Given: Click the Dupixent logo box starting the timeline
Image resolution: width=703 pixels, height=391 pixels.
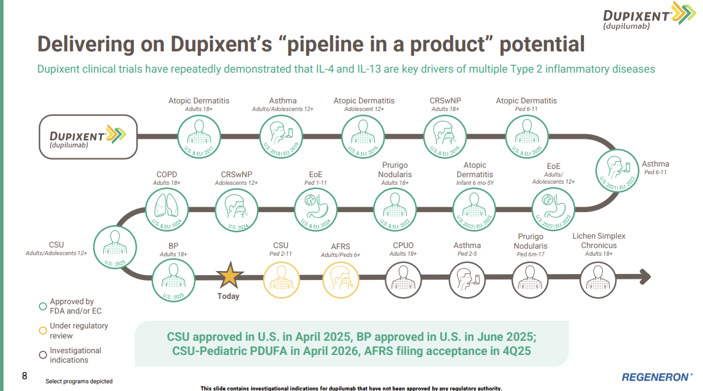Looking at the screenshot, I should (88, 136).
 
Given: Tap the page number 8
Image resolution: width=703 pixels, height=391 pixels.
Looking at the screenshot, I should (24, 376).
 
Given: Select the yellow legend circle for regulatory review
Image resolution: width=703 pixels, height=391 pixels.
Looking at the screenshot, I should (42, 331).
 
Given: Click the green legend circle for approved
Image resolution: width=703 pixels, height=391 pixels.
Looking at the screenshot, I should (42, 306).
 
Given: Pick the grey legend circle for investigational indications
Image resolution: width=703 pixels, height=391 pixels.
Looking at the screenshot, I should (42, 355).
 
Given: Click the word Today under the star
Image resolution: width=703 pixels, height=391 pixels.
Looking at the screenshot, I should (228, 296).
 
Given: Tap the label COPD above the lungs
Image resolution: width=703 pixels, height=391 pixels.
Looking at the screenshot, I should (167, 175).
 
